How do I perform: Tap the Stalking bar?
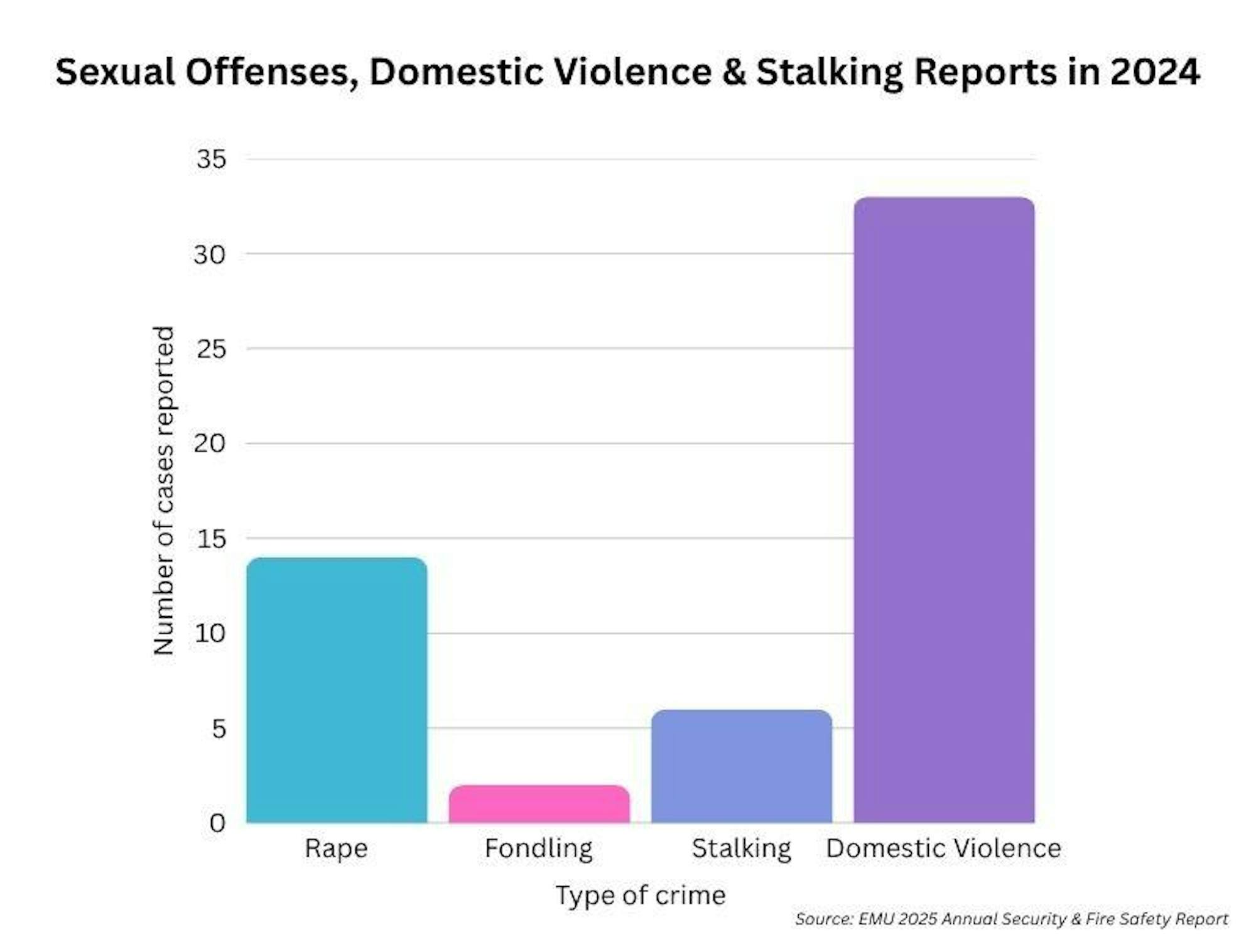[x=742, y=766]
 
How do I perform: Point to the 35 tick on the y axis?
[x=211, y=159]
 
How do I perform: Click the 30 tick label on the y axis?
[x=210, y=254]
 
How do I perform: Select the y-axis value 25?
[x=211, y=349]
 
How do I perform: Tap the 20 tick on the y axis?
[x=210, y=443]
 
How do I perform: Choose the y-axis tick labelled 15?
[x=211, y=539]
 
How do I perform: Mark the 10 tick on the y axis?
[x=210, y=633]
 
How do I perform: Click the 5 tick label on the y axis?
[x=219, y=728]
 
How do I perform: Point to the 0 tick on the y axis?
[x=217, y=823]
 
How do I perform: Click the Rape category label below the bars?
[x=336, y=848]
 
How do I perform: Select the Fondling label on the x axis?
[x=539, y=848]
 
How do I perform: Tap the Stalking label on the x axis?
[x=742, y=848]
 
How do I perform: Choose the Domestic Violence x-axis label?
[x=943, y=848]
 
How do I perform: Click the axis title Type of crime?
[x=641, y=895]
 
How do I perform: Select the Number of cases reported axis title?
[x=163, y=490]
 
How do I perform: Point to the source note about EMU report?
[x=1011, y=919]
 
